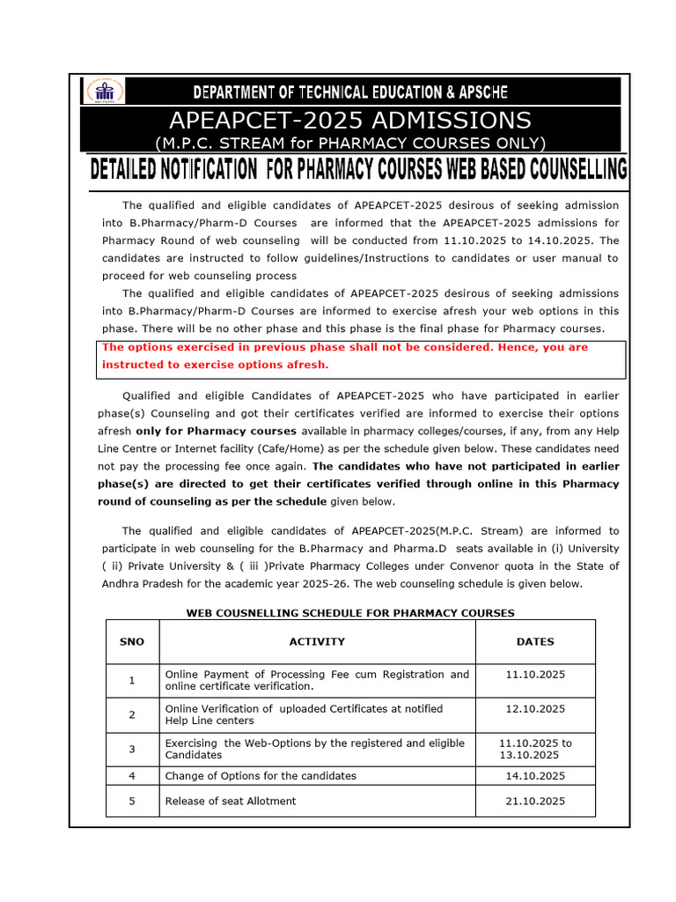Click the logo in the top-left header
tap(104, 90)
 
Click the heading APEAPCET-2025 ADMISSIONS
tap(349, 120)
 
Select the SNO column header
tap(132, 642)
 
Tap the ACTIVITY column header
tap(317, 642)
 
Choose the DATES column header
tap(535, 642)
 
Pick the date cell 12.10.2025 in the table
tap(535, 709)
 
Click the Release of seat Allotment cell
tap(231, 801)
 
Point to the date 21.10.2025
tap(535, 801)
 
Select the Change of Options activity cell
tap(261, 776)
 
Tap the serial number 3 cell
tap(132, 749)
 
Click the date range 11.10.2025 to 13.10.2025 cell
tap(535, 749)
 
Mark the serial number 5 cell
tap(132, 801)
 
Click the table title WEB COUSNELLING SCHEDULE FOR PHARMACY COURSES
tap(350, 613)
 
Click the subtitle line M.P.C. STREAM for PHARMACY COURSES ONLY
tap(349, 143)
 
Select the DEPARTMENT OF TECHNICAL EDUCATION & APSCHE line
tap(350, 92)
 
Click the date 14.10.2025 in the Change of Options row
tap(535, 776)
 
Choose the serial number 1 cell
tap(132, 680)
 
